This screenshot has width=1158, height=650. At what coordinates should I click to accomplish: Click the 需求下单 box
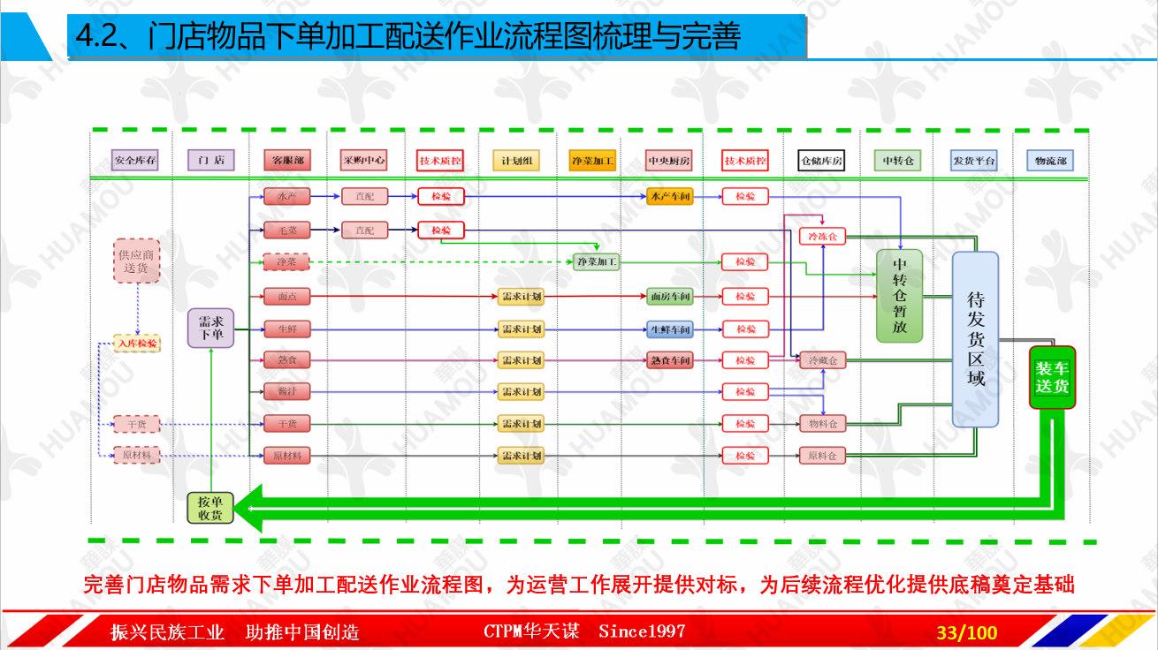[x=210, y=328]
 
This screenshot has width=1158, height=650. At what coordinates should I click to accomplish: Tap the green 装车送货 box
[x=1052, y=377]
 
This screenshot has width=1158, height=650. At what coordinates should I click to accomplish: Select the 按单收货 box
[x=210, y=507]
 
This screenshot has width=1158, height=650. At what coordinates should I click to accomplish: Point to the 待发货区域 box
[x=975, y=340]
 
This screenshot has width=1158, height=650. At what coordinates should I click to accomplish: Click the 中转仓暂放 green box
[x=899, y=296]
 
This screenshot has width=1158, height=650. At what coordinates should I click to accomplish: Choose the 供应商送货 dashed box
[x=136, y=261]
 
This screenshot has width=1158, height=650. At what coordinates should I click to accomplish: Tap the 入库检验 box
[x=137, y=343]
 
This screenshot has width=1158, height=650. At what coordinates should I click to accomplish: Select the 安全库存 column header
[x=135, y=161]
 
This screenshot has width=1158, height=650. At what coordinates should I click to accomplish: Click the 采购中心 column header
[x=363, y=161]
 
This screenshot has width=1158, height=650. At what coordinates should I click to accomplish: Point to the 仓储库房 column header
[x=821, y=161]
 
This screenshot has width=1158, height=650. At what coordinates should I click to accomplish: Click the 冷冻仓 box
[x=822, y=237]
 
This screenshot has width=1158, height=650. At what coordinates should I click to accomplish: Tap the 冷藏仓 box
[x=822, y=360]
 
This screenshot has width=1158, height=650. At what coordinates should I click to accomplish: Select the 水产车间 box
[x=669, y=196]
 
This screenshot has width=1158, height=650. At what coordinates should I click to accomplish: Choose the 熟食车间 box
[x=669, y=360]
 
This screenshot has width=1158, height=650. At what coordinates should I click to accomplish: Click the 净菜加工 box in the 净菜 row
[x=597, y=262]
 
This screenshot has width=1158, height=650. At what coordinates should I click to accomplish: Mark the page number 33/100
[x=966, y=632]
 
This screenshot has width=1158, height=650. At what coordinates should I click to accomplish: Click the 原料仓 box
[x=822, y=456]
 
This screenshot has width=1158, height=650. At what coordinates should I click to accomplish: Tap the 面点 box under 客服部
[x=286, y=297]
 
